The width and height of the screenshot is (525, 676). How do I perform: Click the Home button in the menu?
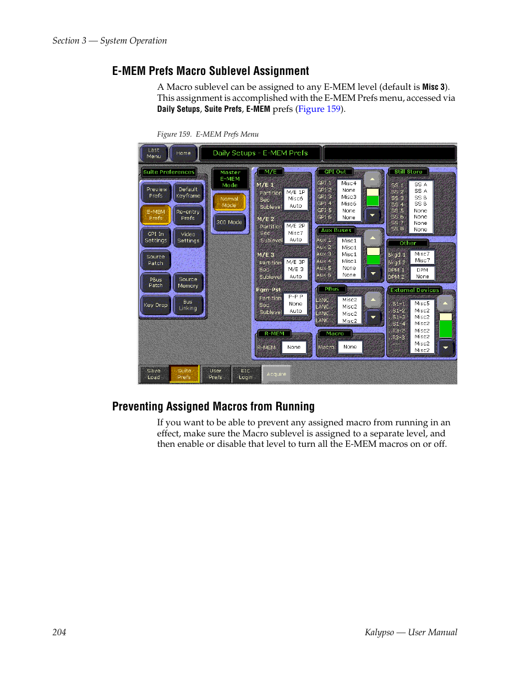click(x=183, y=153)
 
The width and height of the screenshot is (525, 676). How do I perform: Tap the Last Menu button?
click(x=154, y=153)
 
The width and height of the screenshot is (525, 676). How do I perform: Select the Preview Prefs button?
click(x=156, y=192)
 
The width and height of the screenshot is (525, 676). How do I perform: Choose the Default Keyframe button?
click(x=188, y=192)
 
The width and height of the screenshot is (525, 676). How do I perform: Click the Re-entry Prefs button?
click(x=188, y=215)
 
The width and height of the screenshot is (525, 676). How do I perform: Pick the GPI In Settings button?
click(x=156, y=237)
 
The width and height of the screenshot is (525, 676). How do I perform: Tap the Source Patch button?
click(x=156, y=260)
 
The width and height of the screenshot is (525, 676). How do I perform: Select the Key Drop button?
click(x=156, y=305)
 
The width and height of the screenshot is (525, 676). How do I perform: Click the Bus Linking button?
click(x=188, y=305)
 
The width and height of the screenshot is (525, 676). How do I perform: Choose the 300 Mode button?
click(x=229, y=223)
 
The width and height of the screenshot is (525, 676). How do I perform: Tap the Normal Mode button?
click(x=229, y=202)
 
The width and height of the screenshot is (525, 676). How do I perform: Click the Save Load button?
click(x=154, y=374)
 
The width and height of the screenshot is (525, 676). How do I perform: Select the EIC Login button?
click(x=245, y=374)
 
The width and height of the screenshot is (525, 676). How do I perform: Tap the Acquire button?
click(x=276, y=374)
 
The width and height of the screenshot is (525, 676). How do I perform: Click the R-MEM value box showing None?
click(x=294, y=347)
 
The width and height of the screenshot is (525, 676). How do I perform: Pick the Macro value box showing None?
click(x=350, y=347)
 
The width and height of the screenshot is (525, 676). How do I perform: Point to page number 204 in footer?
click(x=59, y=632)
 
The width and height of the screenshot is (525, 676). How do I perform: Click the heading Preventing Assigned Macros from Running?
click(x=214, y=407)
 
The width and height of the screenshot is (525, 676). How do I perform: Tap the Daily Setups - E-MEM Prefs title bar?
click(x=260, y=153)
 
